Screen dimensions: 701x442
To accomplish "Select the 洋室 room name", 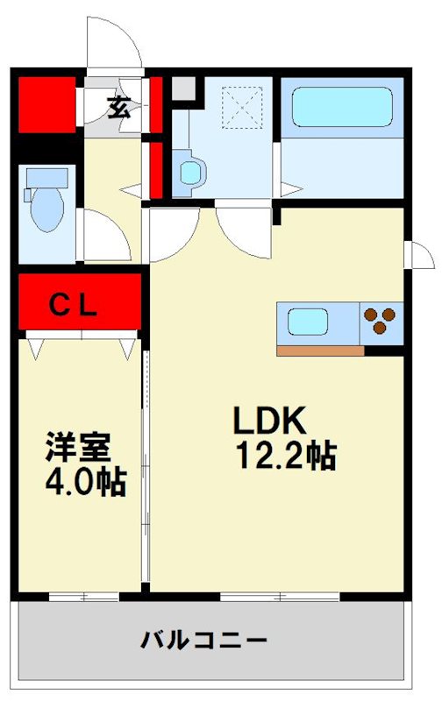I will pyautogui.click(x=78, y=447).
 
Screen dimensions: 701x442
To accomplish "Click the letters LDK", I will pyautogui.click(x=269, y=422).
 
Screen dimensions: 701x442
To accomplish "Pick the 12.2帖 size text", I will pyautogui.click(x=286, y=455).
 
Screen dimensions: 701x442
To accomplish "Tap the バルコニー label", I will pyautogui.click(x=204, y=640).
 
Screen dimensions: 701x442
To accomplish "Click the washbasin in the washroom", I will pyautogui.click(x=190, y=172).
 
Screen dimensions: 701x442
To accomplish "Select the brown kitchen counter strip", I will pyautogui.click(x=320, y=350).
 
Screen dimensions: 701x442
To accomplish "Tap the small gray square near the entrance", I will pyautogui.click(x=182, y=89).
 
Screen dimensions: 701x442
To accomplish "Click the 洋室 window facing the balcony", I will pyautogui.click(x=83, y=598).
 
